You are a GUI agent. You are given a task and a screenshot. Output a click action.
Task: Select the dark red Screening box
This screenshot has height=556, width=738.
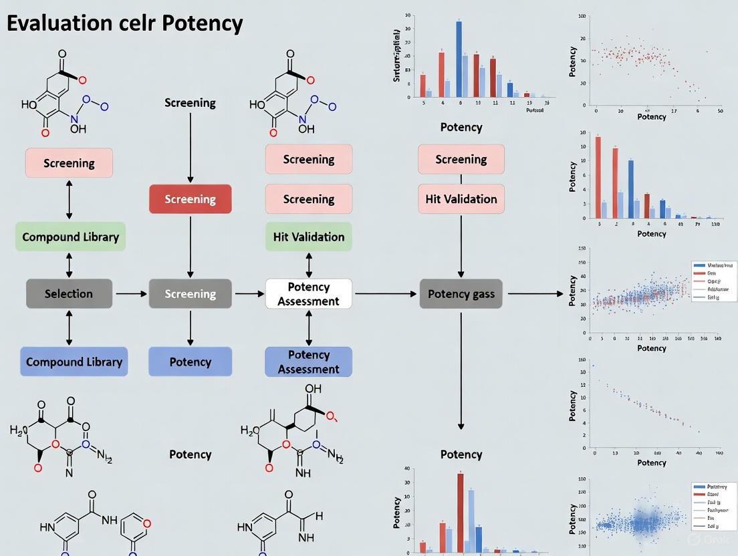[x=190, y=199]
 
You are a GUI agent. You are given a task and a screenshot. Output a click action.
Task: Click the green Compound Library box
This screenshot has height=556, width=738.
[x=70, y=237]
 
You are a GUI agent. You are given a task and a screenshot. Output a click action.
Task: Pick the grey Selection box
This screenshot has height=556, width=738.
[x=69, y=293]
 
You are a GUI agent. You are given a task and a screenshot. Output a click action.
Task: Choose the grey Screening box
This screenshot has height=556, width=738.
[x=190, y=293]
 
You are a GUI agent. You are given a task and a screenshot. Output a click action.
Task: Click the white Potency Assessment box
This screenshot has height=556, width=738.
[x=308, y=293]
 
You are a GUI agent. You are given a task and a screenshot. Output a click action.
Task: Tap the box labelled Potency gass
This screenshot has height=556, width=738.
[x=461, y=293]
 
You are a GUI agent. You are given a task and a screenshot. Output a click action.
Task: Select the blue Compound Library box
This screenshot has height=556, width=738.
[x=74, y=362]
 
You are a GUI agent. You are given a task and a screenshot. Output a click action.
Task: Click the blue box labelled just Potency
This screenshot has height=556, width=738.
[x=190, y=362]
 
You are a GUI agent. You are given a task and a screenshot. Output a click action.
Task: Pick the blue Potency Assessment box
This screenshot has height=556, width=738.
[x=308, y=362]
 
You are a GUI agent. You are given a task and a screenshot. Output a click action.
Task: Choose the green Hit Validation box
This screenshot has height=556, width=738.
[x=308, y=237]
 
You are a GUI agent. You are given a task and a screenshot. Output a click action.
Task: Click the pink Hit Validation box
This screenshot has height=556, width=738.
[x=461, y=199]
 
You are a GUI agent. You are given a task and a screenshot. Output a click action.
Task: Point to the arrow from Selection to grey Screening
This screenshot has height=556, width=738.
[x=130, y=293]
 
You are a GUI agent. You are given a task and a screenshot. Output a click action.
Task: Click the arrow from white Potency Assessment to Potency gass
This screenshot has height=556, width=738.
[x=385, y=293]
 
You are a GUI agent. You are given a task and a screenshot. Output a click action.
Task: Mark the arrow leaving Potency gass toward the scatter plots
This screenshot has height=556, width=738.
[x=535, y=293]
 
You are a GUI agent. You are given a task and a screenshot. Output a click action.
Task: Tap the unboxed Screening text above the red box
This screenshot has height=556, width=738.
[x=190, y=103]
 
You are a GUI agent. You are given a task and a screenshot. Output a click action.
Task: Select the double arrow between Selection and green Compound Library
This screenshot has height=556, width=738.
[x=69, y=265]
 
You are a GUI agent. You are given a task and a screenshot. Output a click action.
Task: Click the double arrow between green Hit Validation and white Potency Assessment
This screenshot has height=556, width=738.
[x=308, y=265]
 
